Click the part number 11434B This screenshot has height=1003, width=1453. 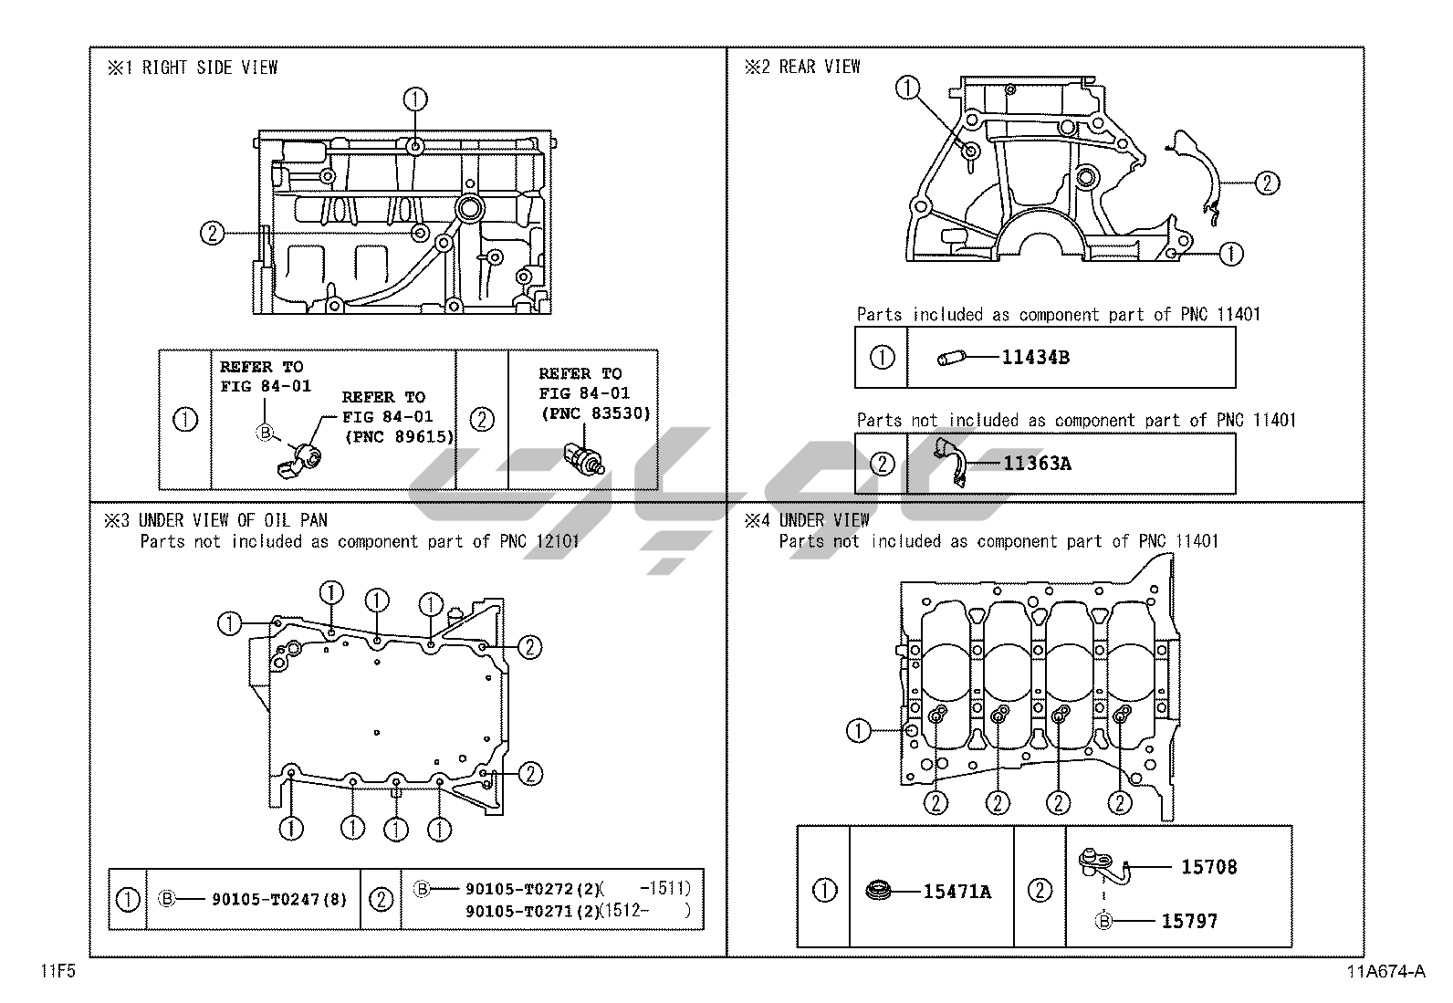[x=1035, y=358]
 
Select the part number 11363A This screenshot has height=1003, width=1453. [x=1037, y=464]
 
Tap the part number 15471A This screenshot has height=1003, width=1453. [x=956, y=892]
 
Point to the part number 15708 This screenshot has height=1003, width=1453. [x=1208, y=867]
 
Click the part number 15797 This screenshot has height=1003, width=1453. [x=1188, y=921]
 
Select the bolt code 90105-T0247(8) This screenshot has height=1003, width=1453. [x=279, y=899]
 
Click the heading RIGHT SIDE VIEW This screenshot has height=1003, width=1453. [x=209, y=68]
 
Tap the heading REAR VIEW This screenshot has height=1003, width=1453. [x=819, y=67]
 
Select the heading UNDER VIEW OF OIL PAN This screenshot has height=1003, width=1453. [x=233, y=520]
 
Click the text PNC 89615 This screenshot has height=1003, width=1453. [x=399, y=436]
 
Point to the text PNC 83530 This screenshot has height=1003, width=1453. [x=595, y=413]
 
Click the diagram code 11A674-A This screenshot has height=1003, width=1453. [x=1383, y=971]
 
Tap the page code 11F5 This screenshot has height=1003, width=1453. [x=57, y=971]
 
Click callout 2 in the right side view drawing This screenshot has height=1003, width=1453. [x=212, y=234]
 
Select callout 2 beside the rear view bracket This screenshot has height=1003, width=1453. [x=1267, y=183]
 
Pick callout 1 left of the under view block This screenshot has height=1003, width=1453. [x=858, y=730]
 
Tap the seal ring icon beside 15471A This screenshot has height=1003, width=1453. [x=880, y=888]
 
